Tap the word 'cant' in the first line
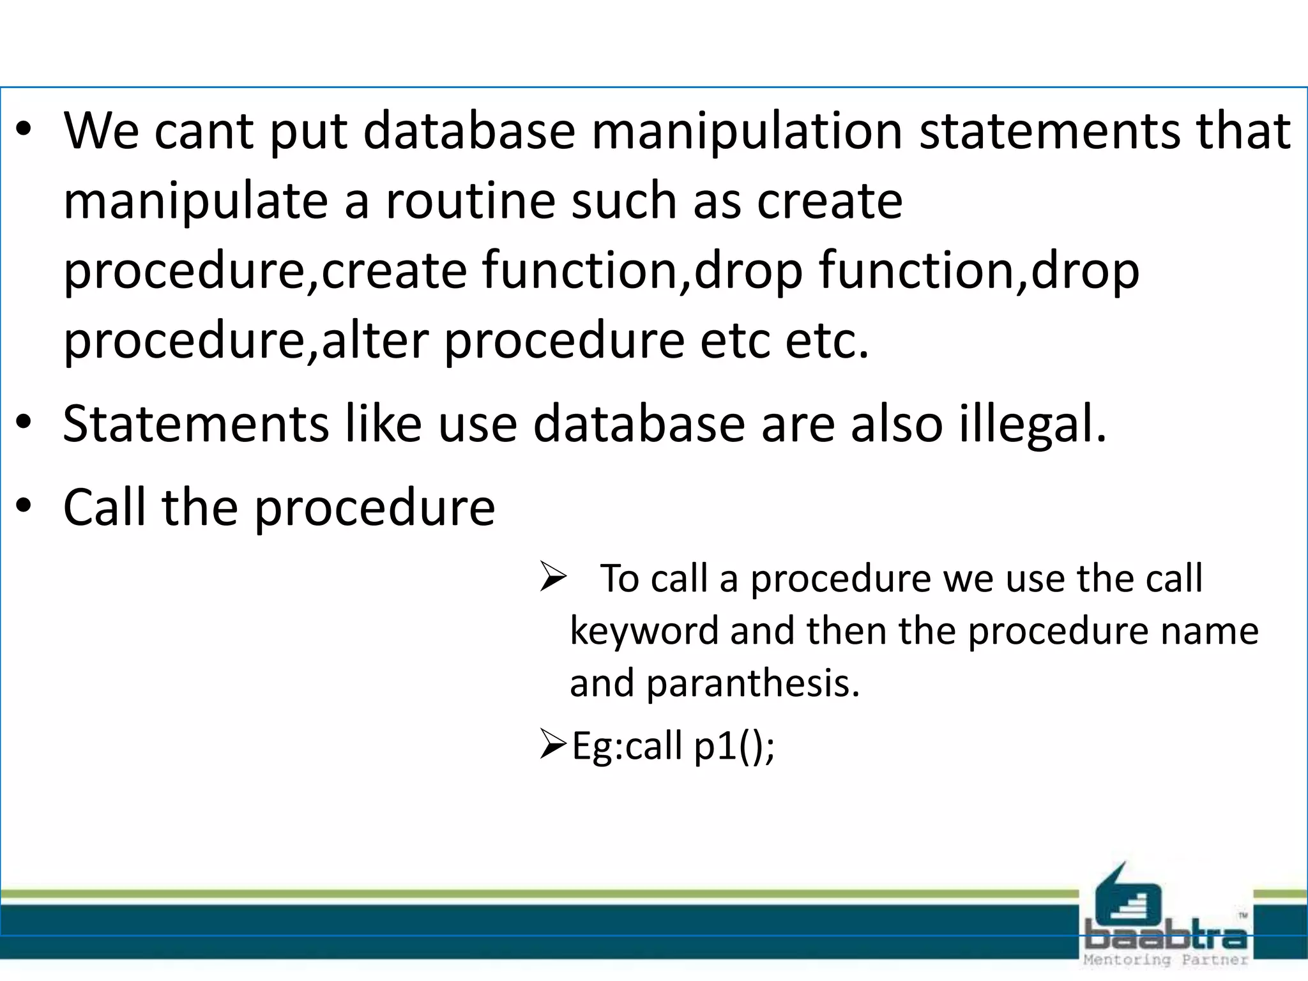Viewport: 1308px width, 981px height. click(204, 132)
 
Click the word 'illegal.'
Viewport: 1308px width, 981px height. click(1033, 424)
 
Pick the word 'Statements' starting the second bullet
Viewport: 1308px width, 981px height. click(196, 424)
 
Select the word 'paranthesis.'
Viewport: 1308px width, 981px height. click(753, 683)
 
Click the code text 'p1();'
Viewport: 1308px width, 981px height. click(734, 746)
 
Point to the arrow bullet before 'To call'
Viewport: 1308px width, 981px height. click(553, 577)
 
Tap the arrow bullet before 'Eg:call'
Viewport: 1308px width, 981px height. click(553, 744)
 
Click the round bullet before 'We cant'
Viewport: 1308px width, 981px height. click(24, 130)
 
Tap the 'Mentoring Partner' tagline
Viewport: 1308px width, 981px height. click(1166, 960)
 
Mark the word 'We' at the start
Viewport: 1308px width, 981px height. click(101, 132)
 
